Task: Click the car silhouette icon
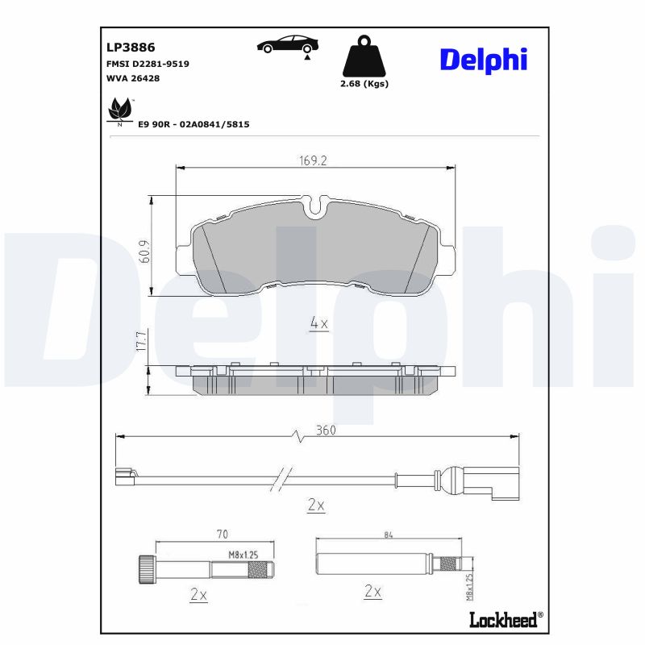286,45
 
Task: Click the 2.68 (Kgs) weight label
364,84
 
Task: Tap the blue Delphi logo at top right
484,58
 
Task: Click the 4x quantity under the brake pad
319,323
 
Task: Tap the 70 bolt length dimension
223,534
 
